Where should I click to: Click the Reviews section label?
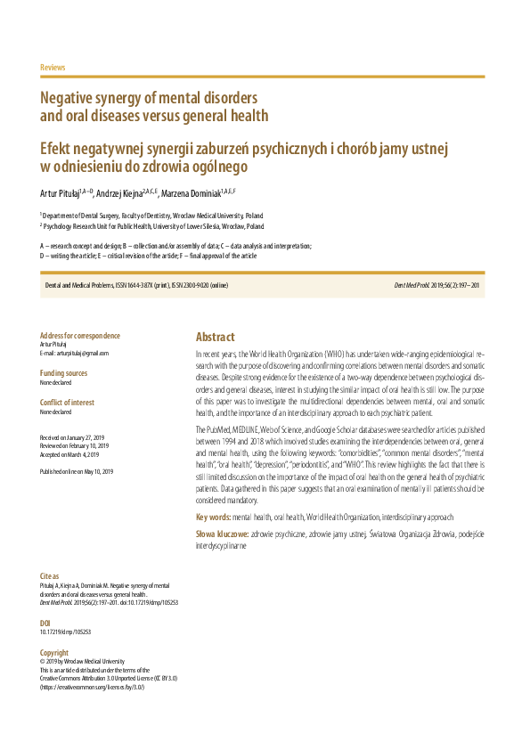pyautogui.click(x=53, y=68)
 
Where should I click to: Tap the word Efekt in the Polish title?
pyautogui.click(x=60, y=148)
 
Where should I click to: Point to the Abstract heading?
pyautogui.click(x=216, y=337)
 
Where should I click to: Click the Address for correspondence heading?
pyautogui.click(x=80, y=336)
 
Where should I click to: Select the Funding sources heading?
pyautogui.click(x=64, y=373)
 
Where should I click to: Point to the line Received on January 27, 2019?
pyautogui.click(x=73, y=437)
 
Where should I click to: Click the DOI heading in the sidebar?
pyautogui.click(x=45, y=623)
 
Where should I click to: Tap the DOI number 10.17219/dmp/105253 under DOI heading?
pyautogui.click(x=66, y=632)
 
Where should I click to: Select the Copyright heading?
pyautogui.click(x=54, y=653)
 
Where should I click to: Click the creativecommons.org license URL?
pyautogui.click(x=93, y=687)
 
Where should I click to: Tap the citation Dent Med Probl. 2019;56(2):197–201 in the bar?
pyautogui.click(x=436, y=285)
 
